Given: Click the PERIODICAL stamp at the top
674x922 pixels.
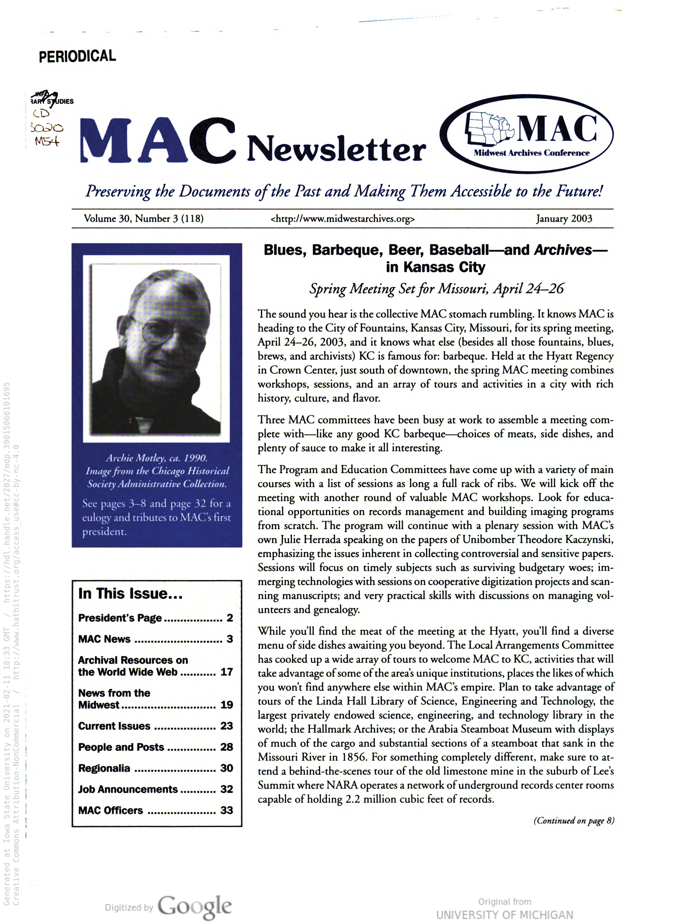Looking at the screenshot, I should click(77, 56).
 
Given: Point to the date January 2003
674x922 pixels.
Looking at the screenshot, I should click(564, 218).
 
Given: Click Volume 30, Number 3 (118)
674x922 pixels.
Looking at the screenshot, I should click(143, 218).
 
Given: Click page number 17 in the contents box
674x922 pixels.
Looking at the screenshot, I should click(226, 672).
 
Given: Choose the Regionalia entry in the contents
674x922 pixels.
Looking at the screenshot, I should click(104, 768).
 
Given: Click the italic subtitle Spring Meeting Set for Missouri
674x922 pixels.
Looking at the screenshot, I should click(436, 289).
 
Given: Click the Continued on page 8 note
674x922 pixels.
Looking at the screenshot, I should click(573, 820).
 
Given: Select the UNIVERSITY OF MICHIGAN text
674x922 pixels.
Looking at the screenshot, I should click(504, 915).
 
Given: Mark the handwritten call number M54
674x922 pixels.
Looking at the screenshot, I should click(47, 141).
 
